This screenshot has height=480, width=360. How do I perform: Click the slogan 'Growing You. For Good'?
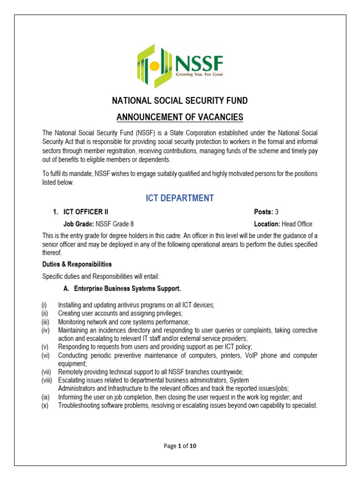coord(199,75)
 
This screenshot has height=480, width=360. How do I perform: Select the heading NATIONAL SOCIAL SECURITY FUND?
coord(180,101)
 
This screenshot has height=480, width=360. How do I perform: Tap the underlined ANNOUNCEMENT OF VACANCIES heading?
coord(180,117)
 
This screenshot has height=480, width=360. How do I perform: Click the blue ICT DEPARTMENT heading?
coord(180,198)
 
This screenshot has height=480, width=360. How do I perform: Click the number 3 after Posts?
coord(277,212)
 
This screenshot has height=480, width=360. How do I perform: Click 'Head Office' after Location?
coord(297,224)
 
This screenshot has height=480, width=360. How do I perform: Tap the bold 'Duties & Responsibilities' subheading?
coord(77,264)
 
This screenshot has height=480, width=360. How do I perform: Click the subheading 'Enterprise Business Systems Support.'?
coord(127,288)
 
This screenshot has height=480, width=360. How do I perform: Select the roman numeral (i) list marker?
coord(44,305)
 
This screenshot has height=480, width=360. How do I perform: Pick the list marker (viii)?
coord(47,380)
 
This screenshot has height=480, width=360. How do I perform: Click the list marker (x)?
coord(45,405)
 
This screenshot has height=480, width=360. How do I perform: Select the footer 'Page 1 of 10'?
coord(180,446)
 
